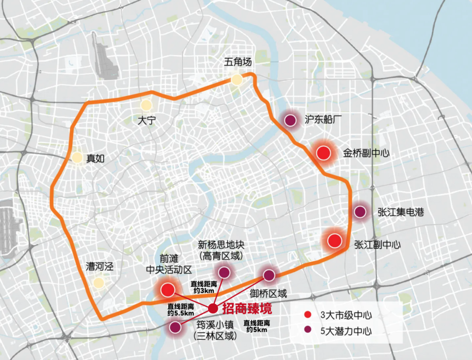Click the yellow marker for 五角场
(236, 80)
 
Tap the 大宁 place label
(146, 121)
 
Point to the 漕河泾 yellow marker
(99, 283)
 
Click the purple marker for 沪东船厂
(289, 120)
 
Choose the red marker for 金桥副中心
(323, 153)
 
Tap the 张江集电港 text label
(401, 212)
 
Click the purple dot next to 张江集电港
(360, 212)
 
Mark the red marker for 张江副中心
(335, 241)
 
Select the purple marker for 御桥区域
(269, 275)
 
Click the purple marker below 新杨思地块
(224, 273)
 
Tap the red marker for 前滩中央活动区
(168, 289)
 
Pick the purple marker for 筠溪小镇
(175, 327)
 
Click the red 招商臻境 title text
(247, 309)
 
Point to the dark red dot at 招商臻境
(213, 308)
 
